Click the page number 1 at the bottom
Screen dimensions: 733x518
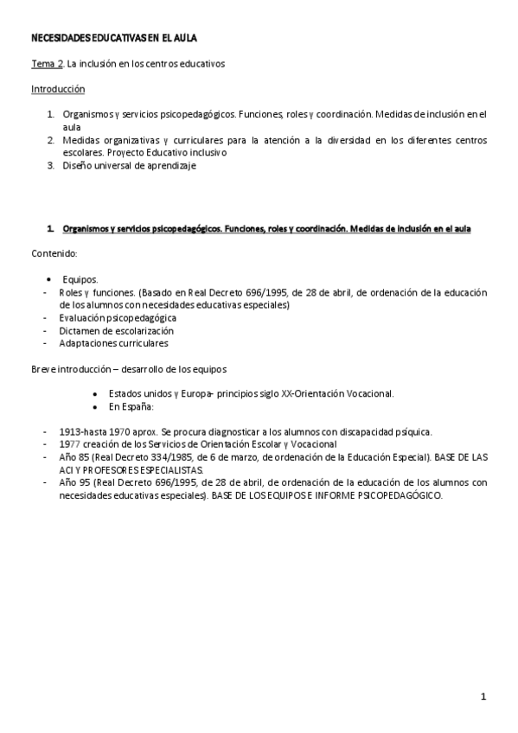484,697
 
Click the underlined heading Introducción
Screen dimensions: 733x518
58,89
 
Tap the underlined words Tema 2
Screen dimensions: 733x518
47,64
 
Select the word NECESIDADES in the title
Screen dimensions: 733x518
61,39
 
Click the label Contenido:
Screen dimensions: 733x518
54,254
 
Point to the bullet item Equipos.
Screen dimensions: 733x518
80,279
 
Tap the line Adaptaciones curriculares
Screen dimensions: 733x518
113,343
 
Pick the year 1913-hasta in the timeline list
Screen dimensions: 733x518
86,431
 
